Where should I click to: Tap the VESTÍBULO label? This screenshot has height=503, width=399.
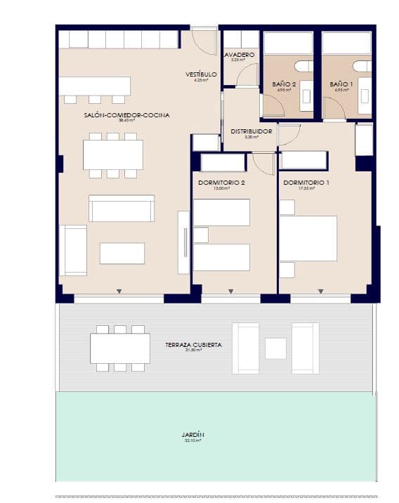pos(201,74)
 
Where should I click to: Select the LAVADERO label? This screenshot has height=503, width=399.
pos(239,54)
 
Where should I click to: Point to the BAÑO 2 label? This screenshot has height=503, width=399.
pos(284,84)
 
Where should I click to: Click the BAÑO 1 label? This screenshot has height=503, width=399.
pos(341,84)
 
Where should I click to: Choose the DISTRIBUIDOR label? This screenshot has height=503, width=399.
pos(251,131)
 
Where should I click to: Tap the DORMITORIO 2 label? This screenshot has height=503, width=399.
pos(221,183)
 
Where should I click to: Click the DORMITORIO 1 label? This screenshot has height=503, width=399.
pos(306,183)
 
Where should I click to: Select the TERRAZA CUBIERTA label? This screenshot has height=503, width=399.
pos(194,345)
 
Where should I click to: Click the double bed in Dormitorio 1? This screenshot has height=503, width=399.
pos(308,238)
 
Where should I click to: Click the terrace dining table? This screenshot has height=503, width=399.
pos(120,348)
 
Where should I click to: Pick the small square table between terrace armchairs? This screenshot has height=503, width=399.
pos(275,348)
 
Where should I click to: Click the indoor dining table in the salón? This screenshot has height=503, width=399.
pos(113,155)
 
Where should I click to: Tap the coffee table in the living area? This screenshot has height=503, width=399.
pos(122,253)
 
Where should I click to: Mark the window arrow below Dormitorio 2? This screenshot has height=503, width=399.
pos(229,291)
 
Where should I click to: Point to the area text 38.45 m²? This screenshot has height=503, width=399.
pos(127,121)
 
